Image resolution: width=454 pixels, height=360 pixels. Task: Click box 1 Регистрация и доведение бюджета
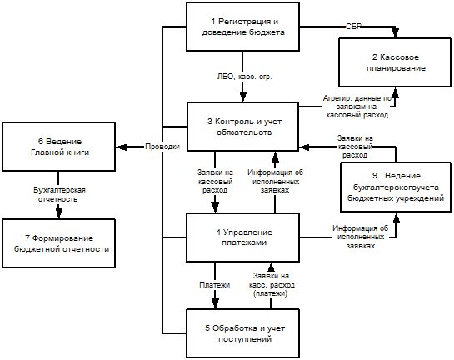242,27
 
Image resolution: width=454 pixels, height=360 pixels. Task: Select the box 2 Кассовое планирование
395,62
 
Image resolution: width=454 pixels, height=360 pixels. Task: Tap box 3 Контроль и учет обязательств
242,127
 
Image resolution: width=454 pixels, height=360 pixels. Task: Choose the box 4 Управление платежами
242,237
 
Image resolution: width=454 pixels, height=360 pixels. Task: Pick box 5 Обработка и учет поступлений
242,333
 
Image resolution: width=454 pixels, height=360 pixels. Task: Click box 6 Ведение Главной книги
59,147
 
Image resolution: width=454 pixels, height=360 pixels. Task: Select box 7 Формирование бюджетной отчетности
59,243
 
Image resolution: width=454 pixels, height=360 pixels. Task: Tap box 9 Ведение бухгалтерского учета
396,187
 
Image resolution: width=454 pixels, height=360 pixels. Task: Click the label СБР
353,27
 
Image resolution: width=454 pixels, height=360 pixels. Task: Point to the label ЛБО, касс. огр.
245,77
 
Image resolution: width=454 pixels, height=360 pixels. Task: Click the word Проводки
162,147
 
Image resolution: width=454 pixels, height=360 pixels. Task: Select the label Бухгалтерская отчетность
59,195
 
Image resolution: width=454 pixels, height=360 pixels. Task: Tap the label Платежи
215,285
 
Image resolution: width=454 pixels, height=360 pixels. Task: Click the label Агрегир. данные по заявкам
357,107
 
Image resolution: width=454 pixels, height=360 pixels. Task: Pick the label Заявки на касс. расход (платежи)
272,284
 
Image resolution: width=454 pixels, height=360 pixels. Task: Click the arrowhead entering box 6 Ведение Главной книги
122,147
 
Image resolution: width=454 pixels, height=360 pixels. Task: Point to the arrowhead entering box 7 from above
59,212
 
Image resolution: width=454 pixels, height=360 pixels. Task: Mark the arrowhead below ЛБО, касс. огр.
242,97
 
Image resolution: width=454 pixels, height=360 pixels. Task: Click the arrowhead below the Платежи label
215,303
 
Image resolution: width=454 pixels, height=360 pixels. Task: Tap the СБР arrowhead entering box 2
395,32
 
